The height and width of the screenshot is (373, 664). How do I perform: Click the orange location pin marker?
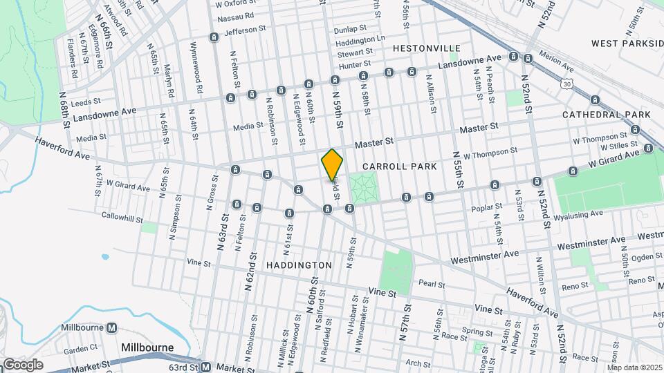coord(332,164)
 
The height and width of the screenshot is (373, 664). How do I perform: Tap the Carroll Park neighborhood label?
coord(400,166)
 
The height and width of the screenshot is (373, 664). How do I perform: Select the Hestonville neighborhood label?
coord(426,48)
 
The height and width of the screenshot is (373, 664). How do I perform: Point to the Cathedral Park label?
coord(606,114)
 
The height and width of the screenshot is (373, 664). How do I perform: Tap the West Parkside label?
coord(627,43)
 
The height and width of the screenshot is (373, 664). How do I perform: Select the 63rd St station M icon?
coord(205,366)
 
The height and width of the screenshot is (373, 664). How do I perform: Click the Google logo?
coord(23,364)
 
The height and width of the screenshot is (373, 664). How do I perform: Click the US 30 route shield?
coord(567,84)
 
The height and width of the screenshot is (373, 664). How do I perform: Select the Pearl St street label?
coord(431,283)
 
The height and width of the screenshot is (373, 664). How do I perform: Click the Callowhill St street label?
coord(120,216)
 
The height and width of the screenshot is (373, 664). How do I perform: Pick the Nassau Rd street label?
coord(235,15)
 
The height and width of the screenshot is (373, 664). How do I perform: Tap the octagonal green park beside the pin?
coord(365,187)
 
